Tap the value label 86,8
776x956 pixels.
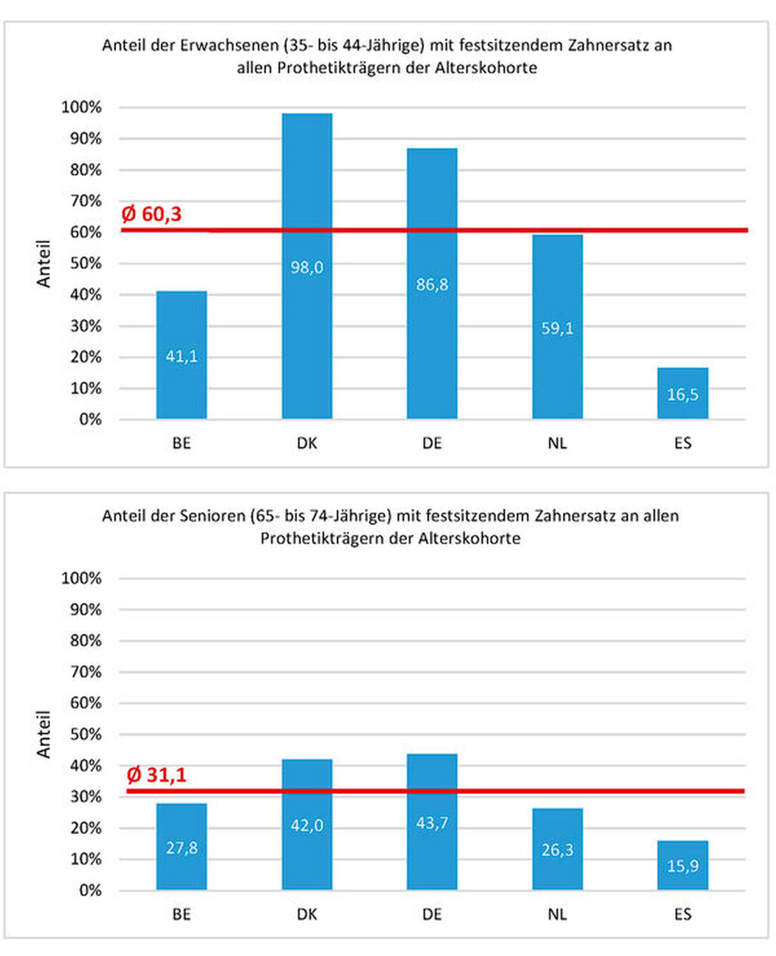click(432, 284)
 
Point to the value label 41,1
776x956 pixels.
click(182, 356)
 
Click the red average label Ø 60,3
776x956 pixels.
click(152, 214)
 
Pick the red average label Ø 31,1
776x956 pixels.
click(156, 775)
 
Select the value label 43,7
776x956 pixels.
click(432, 823)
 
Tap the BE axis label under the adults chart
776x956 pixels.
click(182, 443)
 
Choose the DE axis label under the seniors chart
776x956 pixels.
click(432, 914)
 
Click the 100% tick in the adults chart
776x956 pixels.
click(81, 108)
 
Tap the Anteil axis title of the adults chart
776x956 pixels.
click(44, 264)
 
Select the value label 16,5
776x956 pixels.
click(683, 394)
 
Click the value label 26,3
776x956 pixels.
click(557, 850)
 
